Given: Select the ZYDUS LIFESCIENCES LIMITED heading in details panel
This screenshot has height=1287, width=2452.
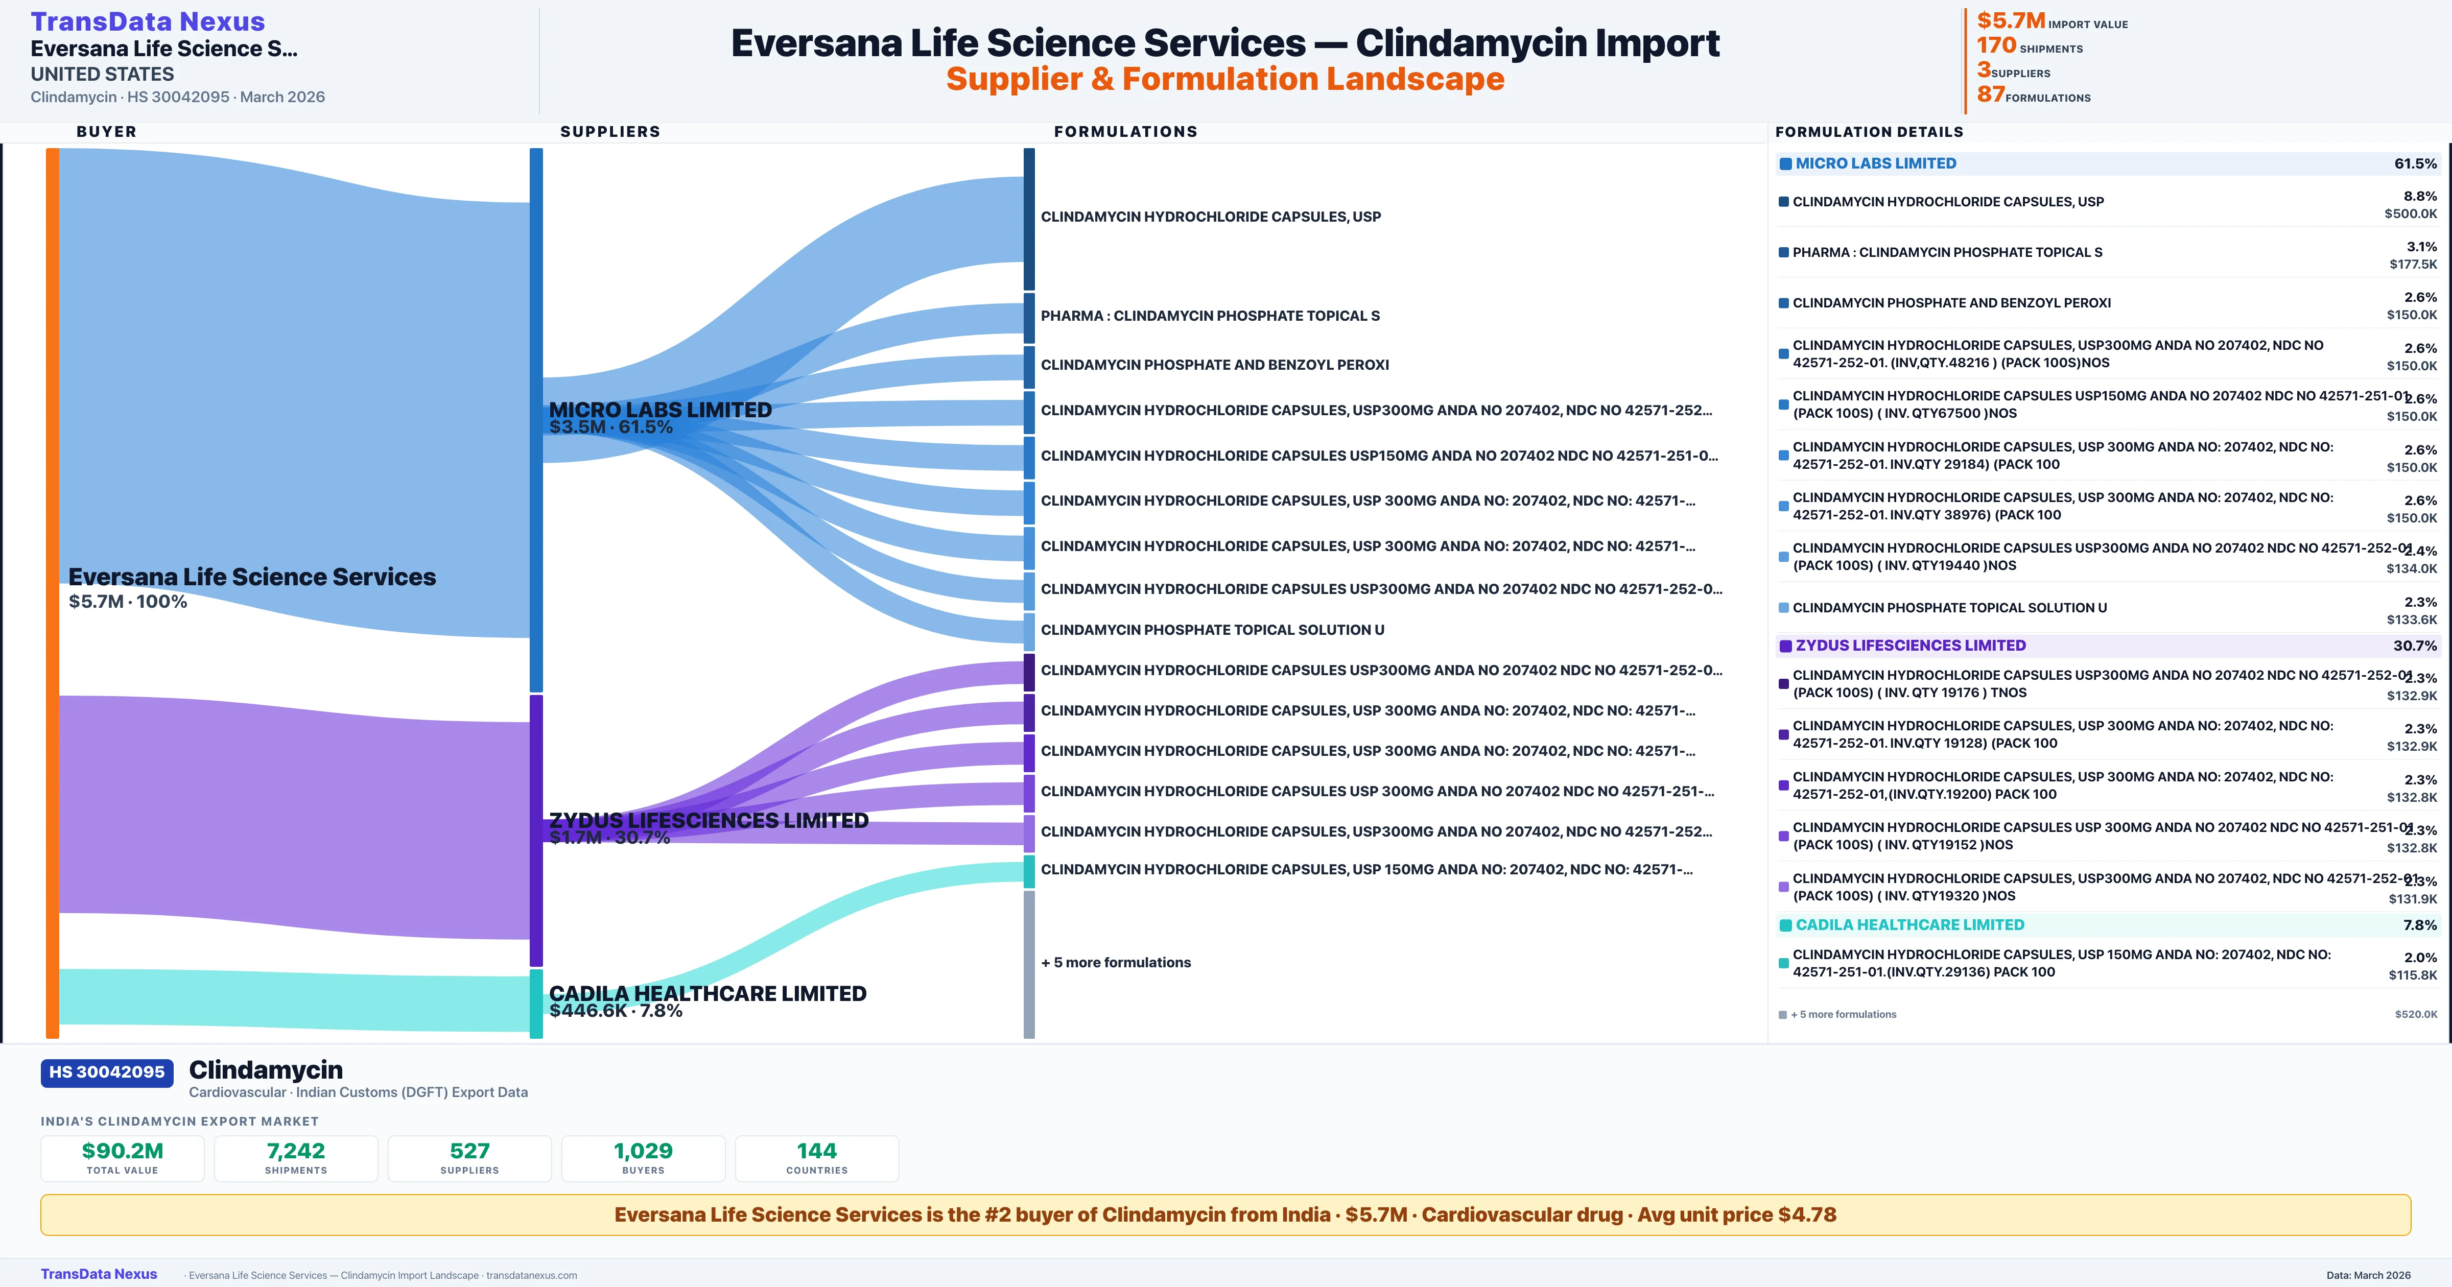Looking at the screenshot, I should (1911, 646).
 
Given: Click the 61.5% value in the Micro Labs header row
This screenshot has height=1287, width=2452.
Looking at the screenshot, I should (2415, 164).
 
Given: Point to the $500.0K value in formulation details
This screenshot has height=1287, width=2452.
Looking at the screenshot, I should (2410, 214).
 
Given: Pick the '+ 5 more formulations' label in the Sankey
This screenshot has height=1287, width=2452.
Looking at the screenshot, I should (1116, 962).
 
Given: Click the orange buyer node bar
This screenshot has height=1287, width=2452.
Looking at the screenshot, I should (52, 590).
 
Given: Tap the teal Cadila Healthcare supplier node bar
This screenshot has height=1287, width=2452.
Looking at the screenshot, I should (536, 1004).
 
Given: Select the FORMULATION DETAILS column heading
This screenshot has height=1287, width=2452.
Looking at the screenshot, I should (1869, 132).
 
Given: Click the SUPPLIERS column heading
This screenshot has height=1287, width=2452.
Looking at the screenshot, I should (610, 131).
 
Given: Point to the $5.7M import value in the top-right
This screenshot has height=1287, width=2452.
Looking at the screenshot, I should (2010, 21).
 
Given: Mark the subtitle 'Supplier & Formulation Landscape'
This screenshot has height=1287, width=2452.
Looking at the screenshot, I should (1225, 79).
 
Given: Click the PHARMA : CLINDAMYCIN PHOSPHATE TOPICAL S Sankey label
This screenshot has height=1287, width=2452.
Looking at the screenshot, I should (1210, 316).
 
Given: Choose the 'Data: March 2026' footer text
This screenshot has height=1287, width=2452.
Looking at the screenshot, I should (2368, 1275).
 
